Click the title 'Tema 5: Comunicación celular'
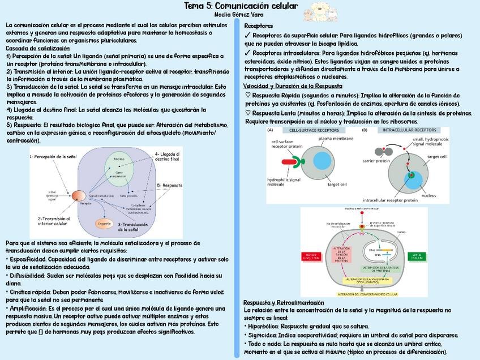tap(241, 6)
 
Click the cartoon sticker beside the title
tap(317, 10)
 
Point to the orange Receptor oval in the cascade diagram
tap(79, 196)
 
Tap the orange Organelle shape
tap(103, 223)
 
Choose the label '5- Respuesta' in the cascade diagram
tap(170, 185)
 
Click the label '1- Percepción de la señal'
tap(53, 156)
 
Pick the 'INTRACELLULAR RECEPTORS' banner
tap(405, 130)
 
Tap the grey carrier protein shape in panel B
tap(380, 152)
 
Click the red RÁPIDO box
tap(311, 256)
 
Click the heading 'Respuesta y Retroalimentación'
tap(284, 303)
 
